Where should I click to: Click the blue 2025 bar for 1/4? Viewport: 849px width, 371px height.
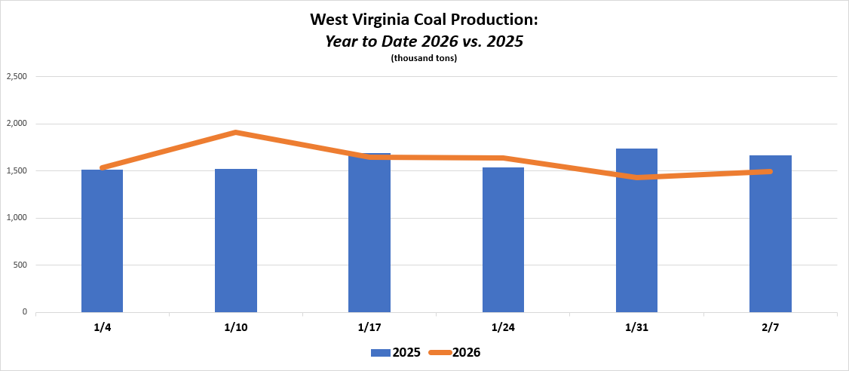click(102, 241)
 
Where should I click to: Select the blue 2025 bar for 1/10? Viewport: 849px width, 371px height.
click(236, 241)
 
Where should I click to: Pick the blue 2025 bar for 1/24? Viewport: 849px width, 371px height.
click(503, 241)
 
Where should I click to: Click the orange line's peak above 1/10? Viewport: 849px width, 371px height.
click(236, 133)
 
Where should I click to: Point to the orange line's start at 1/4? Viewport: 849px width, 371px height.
click(102, 167)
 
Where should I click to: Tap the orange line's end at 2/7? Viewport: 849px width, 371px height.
click(770, 171)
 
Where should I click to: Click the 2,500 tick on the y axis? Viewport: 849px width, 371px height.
click(17, 76)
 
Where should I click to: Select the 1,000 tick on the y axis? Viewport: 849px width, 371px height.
click(17, 218)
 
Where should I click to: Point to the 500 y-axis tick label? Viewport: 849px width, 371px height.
click(20, 265)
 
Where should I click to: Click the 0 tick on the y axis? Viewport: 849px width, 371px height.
click(25, 312)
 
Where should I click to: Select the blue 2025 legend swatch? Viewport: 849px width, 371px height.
click(379, 352)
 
